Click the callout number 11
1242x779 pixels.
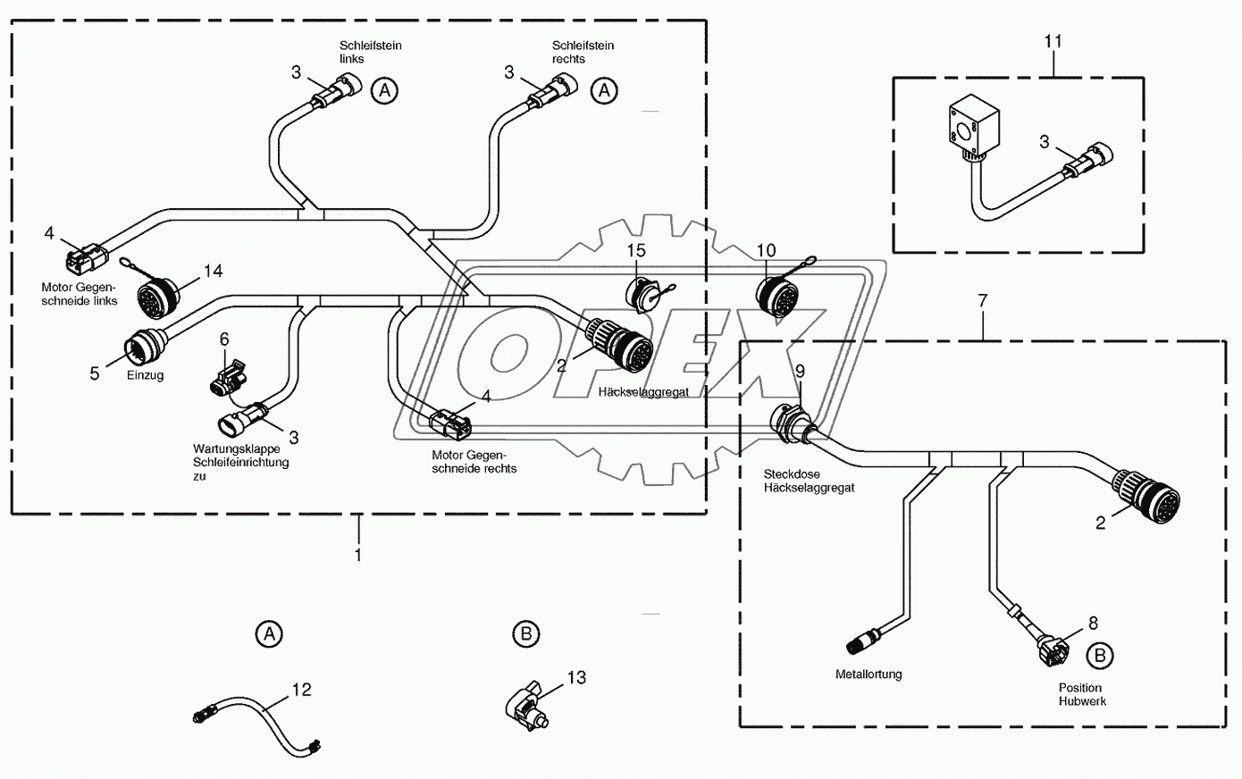1053,42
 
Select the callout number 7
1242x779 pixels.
983,301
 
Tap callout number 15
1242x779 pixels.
636,251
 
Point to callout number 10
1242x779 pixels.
767,251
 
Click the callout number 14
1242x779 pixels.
213,271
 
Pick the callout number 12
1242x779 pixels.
302,690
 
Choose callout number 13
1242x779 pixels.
576,677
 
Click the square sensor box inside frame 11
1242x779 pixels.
972,128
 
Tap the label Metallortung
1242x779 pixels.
869,674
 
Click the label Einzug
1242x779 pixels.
146,375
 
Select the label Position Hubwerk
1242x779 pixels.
1082,694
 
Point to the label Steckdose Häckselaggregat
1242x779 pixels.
809,481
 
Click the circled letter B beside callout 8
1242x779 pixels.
1100,656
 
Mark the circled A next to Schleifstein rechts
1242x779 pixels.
604,90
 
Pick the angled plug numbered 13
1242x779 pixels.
527,706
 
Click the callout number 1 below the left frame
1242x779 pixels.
358,555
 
